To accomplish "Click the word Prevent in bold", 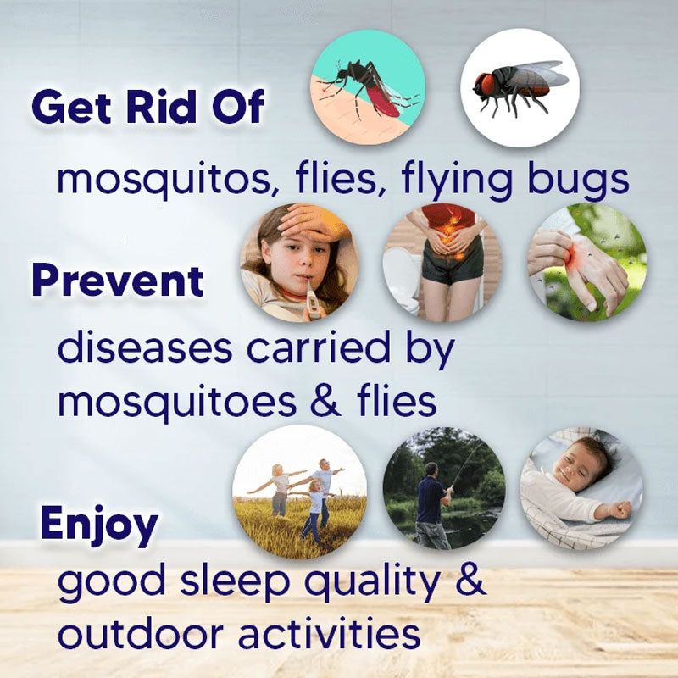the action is [x=118, y=281].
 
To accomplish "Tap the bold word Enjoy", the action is [x=98, y=525].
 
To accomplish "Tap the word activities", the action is [x=329, y=634].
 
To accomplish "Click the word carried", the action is [x=320, y=348].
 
